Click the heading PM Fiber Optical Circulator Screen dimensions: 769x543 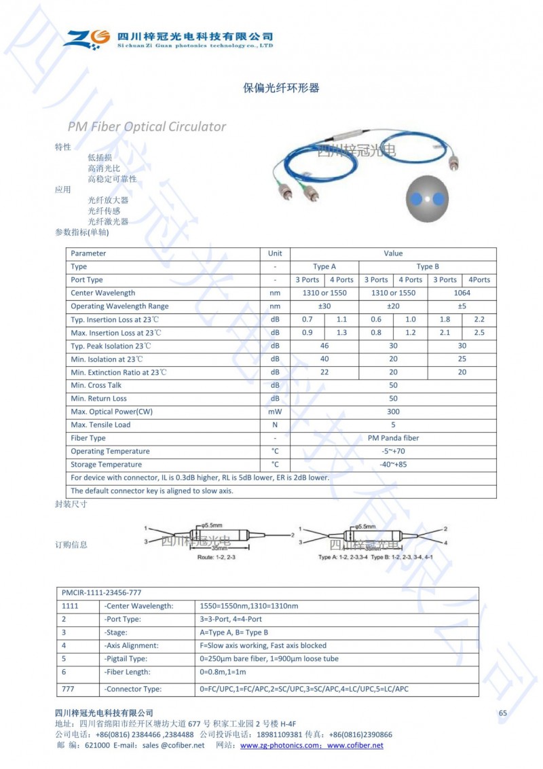coord(147,126)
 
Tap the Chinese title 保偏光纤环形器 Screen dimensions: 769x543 coord(281,88)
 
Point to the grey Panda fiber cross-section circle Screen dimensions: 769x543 coord(426,199)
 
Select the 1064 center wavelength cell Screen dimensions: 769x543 coord(462,293)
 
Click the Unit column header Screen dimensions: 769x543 coord(275,253)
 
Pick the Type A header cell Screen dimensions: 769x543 coord(324,266)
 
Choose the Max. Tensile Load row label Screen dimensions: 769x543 coord(100,425)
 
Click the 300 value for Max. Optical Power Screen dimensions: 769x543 coord(393,412)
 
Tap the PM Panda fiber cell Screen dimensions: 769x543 coord(393,438)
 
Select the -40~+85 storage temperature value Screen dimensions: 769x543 coord(393,465)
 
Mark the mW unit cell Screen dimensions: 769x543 coord(275,412)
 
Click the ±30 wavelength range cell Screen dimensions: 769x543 coord(324,306)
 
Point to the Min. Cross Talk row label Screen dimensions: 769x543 coord(96,385)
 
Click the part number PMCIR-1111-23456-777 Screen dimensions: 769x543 coord(102,593)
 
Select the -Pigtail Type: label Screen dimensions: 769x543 coord(126,659)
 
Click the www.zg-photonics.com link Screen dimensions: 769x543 coord(280,745)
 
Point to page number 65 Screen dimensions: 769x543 coord(503,713)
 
